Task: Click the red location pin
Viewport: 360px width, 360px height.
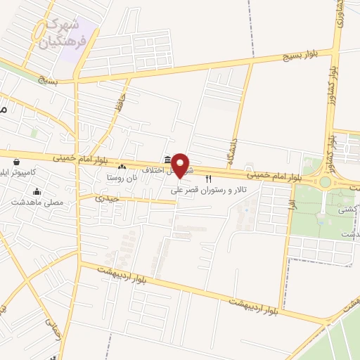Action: click(x=181, y=164)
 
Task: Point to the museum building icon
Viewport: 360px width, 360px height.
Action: click(x=167, y=160)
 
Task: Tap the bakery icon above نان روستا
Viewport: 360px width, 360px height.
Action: click(x=122, y=167)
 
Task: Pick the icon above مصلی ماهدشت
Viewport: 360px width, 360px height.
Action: click(x=37, y=191)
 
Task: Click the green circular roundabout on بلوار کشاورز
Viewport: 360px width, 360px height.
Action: click(x=325, y=182)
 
